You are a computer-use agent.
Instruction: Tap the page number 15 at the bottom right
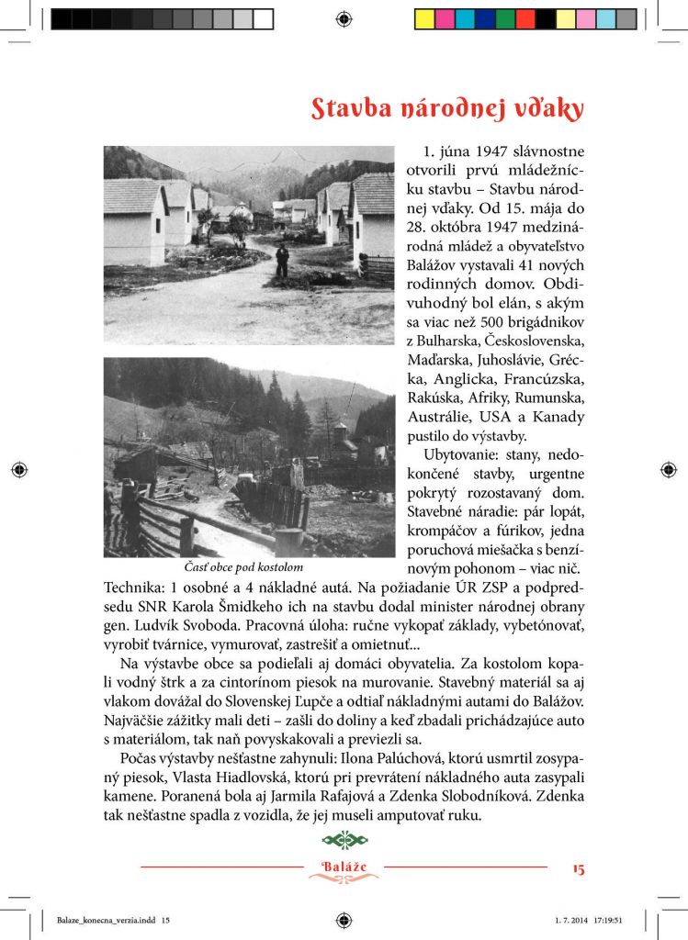tap(577, 867)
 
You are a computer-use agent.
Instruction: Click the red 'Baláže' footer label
tap(344, 867)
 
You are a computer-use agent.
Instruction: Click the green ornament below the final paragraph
tap(344, 840)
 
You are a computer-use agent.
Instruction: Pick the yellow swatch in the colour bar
tap(424, 18)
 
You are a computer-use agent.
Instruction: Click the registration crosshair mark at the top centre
tap(344, 18)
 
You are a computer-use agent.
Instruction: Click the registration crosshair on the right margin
tap(668, 470)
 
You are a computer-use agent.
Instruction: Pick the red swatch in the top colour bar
tap(525, 18)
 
